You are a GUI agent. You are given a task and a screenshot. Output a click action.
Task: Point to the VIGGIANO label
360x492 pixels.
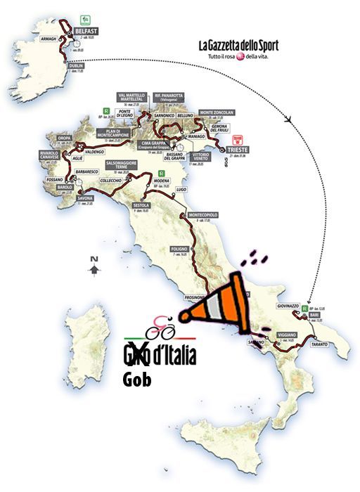[x=292, y=335]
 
